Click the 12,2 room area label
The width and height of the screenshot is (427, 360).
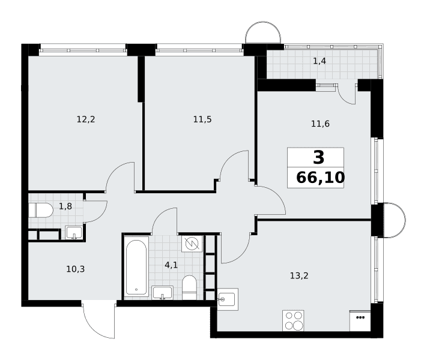point(86,119)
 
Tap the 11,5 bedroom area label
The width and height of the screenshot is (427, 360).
point(202,119)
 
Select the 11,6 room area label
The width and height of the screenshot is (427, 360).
point(320,124)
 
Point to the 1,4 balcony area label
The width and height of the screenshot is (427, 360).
point(319,61)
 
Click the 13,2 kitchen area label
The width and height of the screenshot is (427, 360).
point(299,275)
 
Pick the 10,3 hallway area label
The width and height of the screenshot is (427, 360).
point(76,269)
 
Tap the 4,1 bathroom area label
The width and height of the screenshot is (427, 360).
point(171,265)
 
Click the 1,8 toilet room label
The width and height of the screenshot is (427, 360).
point(65,206)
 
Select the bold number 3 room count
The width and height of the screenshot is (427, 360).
point(319,157)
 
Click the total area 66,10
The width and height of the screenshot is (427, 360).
point(321,178)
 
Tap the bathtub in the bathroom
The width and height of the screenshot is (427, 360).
point(136,266)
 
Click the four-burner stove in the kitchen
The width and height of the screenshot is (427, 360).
point(293,320)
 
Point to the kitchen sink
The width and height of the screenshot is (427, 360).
point(228,299)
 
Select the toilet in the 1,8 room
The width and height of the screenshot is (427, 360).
point(41,210)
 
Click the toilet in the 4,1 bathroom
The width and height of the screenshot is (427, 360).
point(189,287)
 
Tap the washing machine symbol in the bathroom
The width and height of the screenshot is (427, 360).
point(192,244)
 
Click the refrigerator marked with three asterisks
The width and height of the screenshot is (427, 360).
point(360,320)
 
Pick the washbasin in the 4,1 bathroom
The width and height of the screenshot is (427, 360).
point(162,293)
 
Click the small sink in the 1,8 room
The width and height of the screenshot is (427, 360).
point(74,233)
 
